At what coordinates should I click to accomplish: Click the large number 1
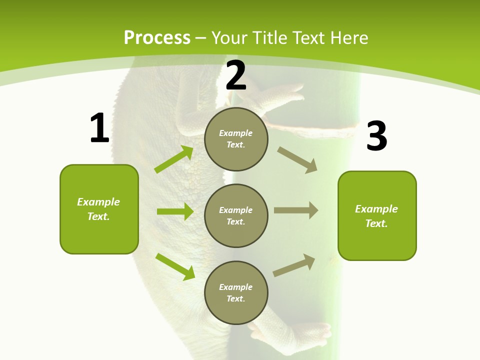[x=99, y=128]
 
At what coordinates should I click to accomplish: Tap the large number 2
[x=236, y=75]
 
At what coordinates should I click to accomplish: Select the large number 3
[x=376, y=136]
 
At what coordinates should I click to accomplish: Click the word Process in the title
[x=157, y=37]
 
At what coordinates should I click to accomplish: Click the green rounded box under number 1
[x=99, y=209]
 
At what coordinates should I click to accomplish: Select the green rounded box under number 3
[x=377, y=215]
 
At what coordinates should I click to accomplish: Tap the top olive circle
[x=236, y=139]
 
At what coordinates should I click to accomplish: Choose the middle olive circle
[x=236, y=215]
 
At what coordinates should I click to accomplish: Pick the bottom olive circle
[x=236, y=292]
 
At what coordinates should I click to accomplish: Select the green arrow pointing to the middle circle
[x=175, y=211]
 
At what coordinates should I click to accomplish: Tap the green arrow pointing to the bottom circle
[x=175, y=266]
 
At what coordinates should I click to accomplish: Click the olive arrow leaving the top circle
[x=297, y=159]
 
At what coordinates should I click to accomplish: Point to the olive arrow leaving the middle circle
[x=296, y=210]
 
